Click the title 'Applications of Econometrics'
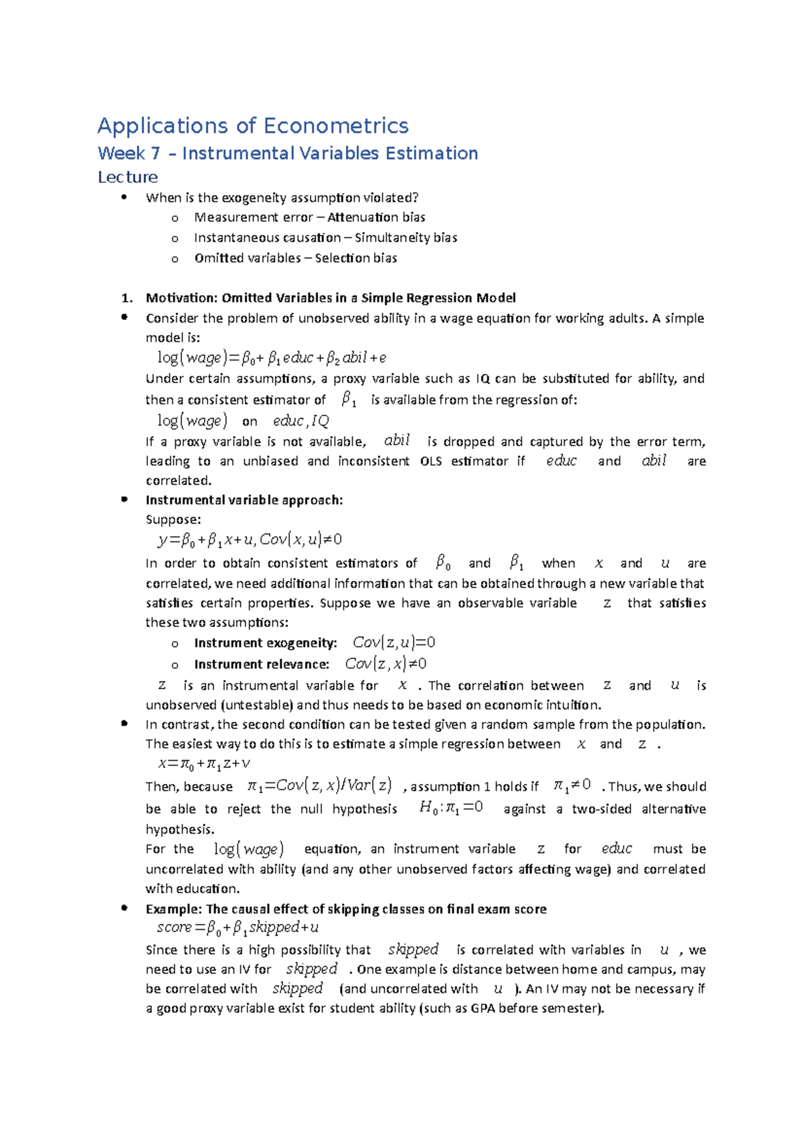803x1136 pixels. pos(253,126)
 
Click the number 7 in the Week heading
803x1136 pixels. pos(155,154)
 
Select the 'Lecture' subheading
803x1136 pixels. pos(128,177)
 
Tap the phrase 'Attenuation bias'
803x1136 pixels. pos(376,217)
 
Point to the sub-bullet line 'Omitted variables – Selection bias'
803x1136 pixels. pos(295,258)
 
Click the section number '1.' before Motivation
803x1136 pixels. pos(126,298)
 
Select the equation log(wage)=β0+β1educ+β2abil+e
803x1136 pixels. pos(272,358)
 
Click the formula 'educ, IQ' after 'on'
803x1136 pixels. pos(301,421)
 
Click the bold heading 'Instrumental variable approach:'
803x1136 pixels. pos(244,500)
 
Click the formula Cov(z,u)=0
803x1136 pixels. pos(393,643)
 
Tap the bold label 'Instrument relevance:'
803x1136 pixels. pos(262,664)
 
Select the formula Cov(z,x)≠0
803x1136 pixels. pos(385,664)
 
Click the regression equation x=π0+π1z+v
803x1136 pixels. pos(204,764)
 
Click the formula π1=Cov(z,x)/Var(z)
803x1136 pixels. pos(319,785)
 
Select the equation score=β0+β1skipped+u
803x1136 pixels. pos(238,928)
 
